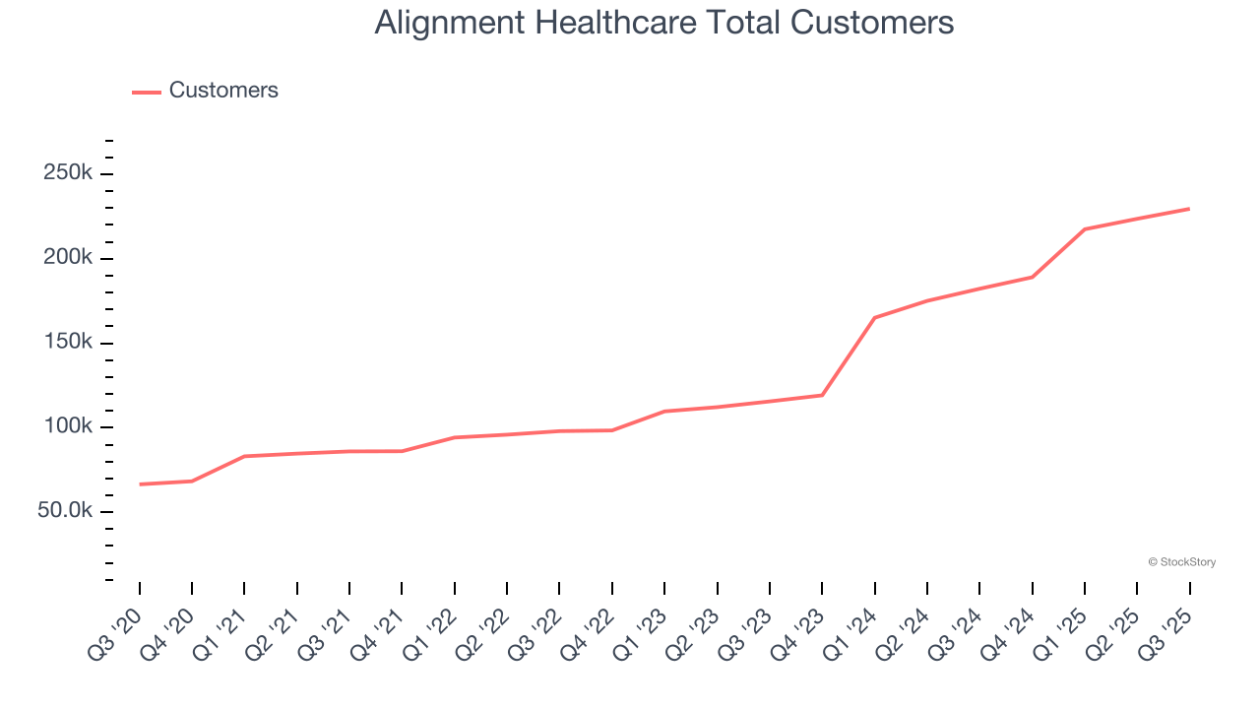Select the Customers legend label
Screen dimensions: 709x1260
pyautogui.click(x=223, y=91)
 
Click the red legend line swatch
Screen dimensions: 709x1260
pyautogui.click(x=147, y=92)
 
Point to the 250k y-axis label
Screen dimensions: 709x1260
pyautogui.click(x=68, y=173)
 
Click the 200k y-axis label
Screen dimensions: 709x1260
pyautogui.click(x=68, y=258)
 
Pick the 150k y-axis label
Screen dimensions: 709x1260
pyautogui.click(x=68, y=343)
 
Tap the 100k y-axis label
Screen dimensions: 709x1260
pyautogui.click(x=68, y=427)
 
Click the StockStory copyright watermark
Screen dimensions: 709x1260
pyautogui.click(x=1181, y=562)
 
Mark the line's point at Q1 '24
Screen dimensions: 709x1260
pyautogui.click(x=874, y=318)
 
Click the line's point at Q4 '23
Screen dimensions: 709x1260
pyautogui.click(x=822, y=395)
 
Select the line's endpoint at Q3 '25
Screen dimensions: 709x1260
pyautogui.click(x=1189, y=209)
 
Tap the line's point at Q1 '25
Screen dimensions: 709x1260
pyautogui.click(x=1085, y=229)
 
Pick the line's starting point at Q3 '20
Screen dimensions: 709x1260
pyautogui.click(x=140, y=484)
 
